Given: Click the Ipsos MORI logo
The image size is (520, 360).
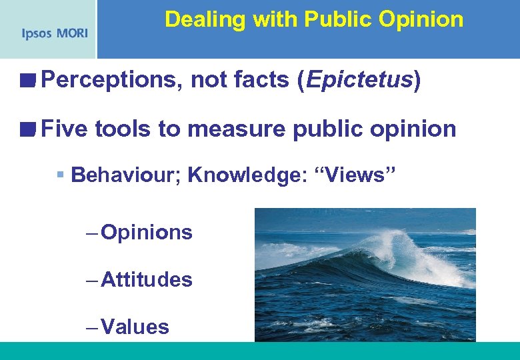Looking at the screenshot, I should pos(54,33).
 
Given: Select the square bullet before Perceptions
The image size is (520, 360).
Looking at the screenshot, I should pos(27,81).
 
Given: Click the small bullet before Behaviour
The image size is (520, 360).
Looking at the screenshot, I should pos(61,175).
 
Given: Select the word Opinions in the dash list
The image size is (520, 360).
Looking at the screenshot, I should pos(147,233).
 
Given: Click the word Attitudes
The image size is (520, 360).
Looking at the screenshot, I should pos(147,279).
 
